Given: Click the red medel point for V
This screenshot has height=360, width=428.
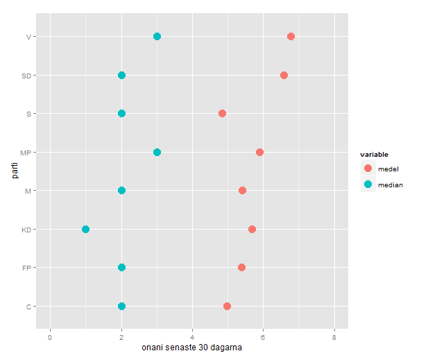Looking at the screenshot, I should (x=291, y=36).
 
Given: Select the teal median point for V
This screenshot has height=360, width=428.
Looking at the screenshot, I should (x=157, y=36).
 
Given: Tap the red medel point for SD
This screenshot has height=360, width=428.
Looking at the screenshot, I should (x=284, y=75).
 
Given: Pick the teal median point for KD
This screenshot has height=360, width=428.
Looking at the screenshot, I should (x=85, y=229).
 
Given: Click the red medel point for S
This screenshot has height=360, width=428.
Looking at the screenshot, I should (x=222, y=113).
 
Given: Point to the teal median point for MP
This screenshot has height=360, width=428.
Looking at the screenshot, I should (x=157, y=152).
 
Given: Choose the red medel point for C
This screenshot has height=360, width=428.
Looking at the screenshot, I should (x=227, y=306).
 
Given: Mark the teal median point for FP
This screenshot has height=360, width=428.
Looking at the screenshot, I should (x=121, y=267).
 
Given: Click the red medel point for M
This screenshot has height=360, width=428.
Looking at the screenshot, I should (x=242, y=190).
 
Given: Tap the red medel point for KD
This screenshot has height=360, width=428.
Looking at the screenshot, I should (x=252, y=229).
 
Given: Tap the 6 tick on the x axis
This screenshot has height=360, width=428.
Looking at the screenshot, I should (x=263, y=337).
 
